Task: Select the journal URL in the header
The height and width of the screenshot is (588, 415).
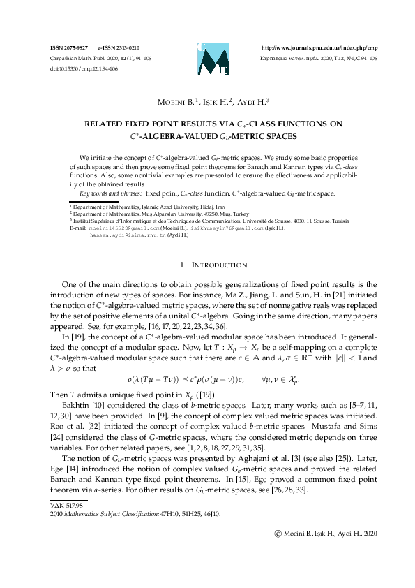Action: coord(319,47)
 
